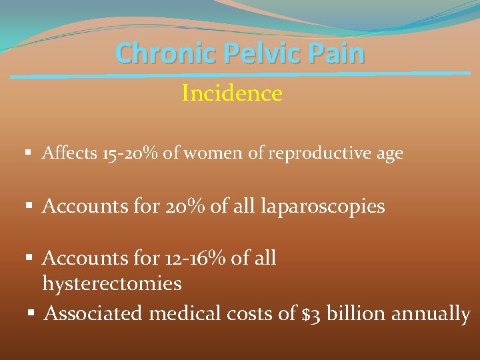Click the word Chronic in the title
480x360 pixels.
153,53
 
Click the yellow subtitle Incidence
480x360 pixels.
232,93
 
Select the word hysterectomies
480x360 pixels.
112,284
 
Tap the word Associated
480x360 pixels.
93,313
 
